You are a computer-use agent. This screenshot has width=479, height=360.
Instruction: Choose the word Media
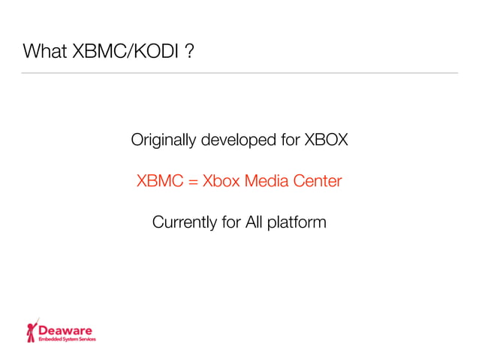(267, 181)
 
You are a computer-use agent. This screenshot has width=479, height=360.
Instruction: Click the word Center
(318, 181)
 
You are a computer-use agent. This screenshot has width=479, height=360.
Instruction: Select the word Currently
(181, 222)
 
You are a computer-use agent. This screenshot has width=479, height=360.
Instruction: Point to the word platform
(297, 223)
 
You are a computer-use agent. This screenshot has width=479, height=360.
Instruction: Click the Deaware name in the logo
(66, 329)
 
